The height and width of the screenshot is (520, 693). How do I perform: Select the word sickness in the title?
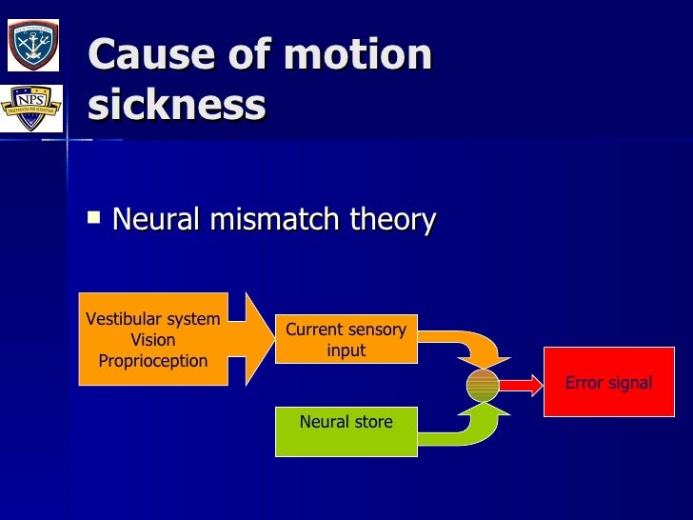pyautogui.click(x=177, y=106)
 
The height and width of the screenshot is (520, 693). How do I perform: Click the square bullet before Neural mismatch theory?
pyautogui.click(x=93, y=218)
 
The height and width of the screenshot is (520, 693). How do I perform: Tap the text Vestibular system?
pyautogui.click(x=152, y=319)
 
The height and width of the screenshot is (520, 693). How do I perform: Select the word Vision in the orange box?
pyautogui.click(x=152, y=340)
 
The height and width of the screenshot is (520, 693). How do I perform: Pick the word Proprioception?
pyautogui.click(x=152, y=361)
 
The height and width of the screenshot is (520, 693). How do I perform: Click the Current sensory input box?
pyautogui.click(x=346, y=340)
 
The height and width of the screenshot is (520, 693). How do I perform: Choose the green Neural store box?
pyautogui.click(x=346, y=430)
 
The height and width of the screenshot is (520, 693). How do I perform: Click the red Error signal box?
pyautogui.click(x=608, y=383)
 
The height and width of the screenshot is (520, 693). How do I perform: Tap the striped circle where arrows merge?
pyautogui.click(x=483, y=384)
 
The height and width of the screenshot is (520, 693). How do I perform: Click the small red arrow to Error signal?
pyautogui.click(x=520, y=384)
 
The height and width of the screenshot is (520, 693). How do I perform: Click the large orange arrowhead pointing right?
pyautogui.click(x=253, y=338)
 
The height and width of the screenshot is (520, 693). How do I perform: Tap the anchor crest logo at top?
pyautogui.click(x=32, y=45)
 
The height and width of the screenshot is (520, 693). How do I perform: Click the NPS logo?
pyautogui.click(x=32, y=109)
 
